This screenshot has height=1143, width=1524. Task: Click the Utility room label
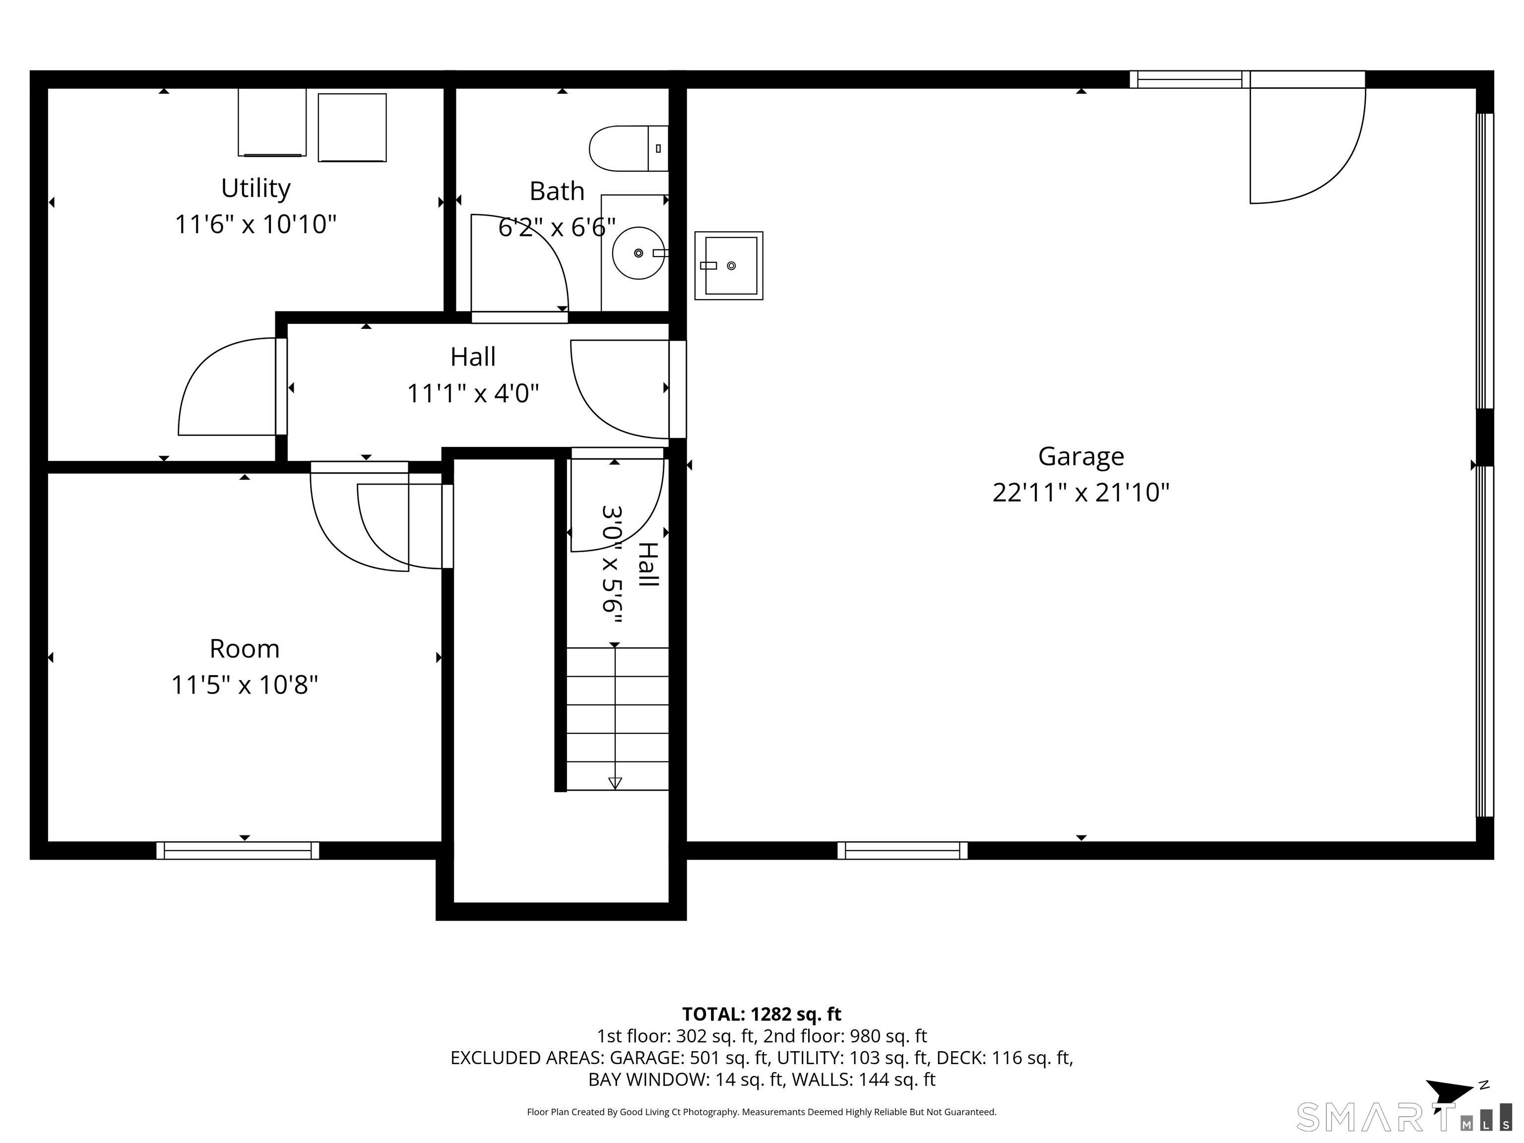click(x=255, y=188)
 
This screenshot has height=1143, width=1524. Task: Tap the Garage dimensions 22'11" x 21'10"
click(x=1081, y=493)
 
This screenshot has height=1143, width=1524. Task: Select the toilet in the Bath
click(x=629, y=148)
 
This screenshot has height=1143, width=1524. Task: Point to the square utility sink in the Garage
click(x=728, y=265)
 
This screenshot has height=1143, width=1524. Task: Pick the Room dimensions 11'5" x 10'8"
click(x=245, y=685)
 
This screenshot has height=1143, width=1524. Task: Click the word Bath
click(x=557, y=191)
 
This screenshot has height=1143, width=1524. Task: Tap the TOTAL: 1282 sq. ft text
click(x=762, y=1014)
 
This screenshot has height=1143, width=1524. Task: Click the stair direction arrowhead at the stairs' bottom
click(x=615, y=783)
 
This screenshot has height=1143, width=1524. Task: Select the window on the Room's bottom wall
click(x=238, y=850)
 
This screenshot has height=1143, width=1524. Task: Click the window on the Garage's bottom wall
click(x=902, y=850)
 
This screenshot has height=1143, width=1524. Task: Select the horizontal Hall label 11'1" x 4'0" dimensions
click(x=473, y=393)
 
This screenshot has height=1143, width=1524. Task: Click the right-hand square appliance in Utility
click(x=352, y=127)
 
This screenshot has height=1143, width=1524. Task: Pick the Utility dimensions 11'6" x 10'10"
click(x=255, y=225)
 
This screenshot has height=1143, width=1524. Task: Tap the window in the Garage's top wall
click(x=1189, y=80)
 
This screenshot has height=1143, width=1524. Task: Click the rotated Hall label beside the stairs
click(x=647, y=564)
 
